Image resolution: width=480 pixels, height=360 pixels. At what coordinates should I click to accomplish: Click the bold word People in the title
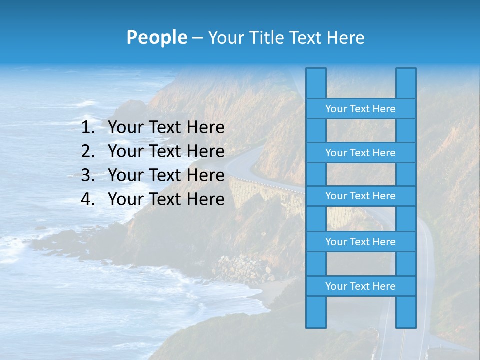(x=156, y=37)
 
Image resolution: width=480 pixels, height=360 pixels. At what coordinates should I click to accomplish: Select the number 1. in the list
(x=88, y=128)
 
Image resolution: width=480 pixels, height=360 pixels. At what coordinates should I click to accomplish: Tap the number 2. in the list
(x=88, y=151)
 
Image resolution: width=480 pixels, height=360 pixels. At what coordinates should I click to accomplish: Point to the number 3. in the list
(x=88, y=175)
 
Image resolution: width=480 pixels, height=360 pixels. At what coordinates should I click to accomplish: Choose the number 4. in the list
(x=88, y=199)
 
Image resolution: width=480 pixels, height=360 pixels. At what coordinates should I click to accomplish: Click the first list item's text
(x=166, y=128)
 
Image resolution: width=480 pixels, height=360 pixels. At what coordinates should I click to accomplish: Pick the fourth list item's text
(x=166, y=199)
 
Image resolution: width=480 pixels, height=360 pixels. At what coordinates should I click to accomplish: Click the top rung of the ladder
(x=360, y=109)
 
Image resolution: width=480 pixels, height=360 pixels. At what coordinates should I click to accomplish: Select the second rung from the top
(x=360, y=153)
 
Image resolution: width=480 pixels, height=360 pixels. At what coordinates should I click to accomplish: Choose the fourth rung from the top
(x=360, y=242)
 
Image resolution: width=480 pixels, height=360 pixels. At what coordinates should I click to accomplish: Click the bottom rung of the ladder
(x=360, y=286)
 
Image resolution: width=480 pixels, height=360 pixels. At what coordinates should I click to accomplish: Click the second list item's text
(x=166, y=151)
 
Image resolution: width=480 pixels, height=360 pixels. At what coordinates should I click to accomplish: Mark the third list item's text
(x=166, y=175)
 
